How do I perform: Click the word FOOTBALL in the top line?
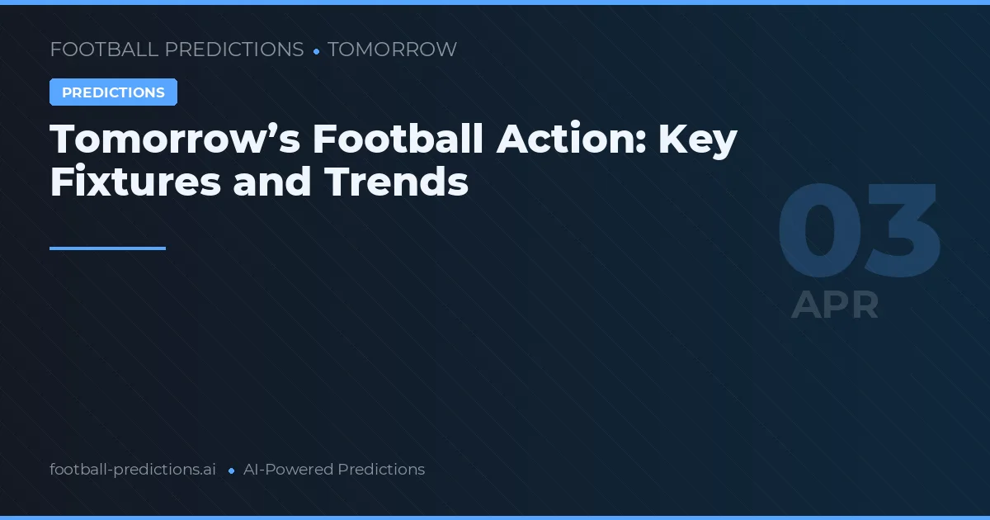click(x=104, y=50)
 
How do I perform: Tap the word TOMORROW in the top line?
click(x=392, y=50)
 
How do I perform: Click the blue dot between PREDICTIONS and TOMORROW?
click(x=316, y=51)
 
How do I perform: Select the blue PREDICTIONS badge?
click(x=113, y=92)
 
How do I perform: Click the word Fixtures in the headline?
click(x=135, y=182)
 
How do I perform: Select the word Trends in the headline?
click(x=397, y=182)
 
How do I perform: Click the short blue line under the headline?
click(x=107, y=248)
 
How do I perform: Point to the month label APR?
click(x=835, y=305)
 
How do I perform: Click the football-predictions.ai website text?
click(x=133, y=470)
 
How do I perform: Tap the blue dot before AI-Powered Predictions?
click(x=231, y=470)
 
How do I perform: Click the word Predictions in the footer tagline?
click(x=381, y=470)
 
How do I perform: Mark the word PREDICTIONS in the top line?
click(x=234, y=50)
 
